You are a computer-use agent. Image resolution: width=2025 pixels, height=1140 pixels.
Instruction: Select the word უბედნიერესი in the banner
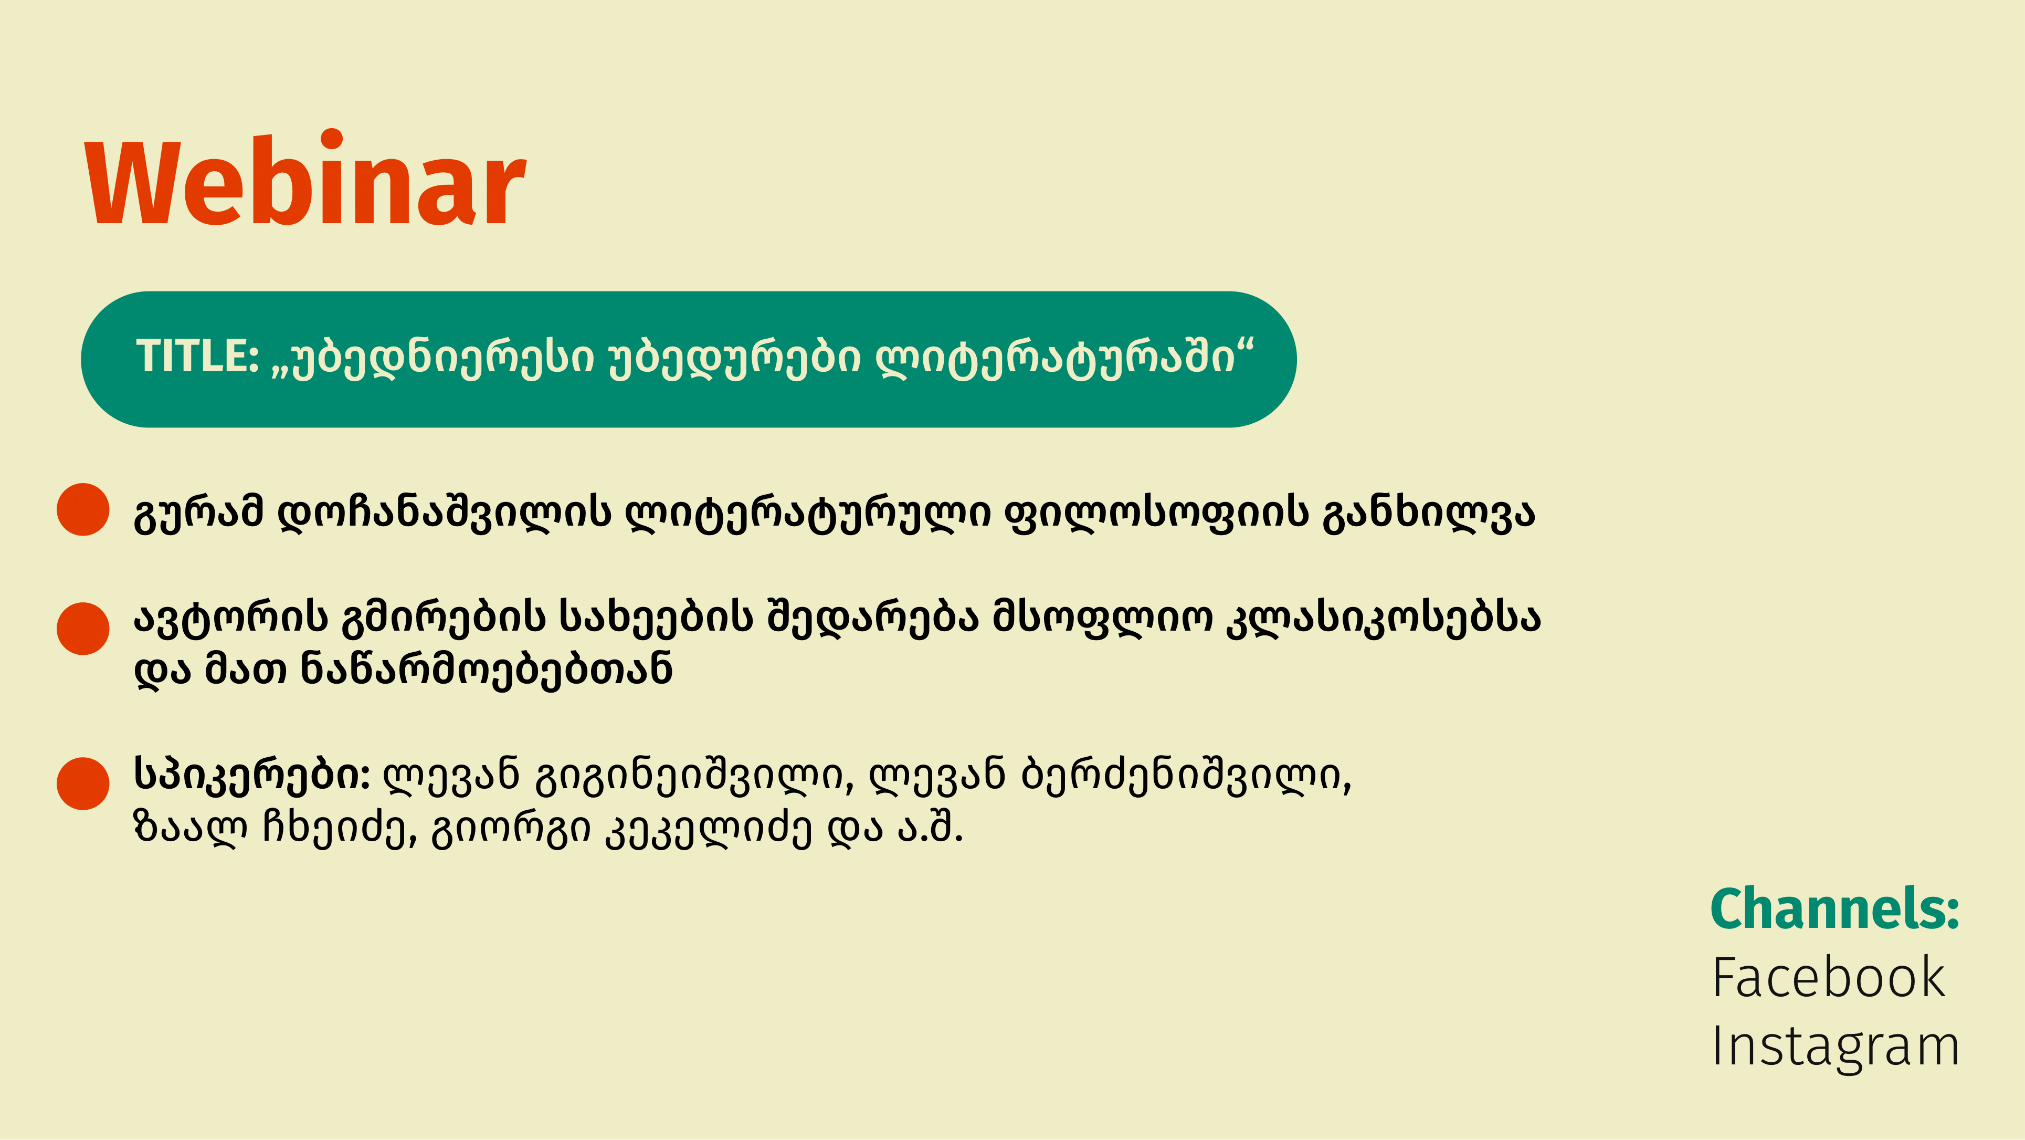433,359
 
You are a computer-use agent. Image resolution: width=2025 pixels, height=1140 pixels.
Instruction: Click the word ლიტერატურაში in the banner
1065,359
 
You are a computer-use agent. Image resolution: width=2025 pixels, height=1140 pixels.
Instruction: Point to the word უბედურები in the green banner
735,359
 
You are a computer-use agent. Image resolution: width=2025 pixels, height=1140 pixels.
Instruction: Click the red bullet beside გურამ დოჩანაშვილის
82,509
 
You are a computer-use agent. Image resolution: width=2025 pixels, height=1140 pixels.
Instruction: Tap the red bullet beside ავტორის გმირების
82,629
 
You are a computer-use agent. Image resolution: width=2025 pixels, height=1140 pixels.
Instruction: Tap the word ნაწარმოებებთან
488,671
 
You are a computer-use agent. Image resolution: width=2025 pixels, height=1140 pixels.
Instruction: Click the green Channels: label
1835,909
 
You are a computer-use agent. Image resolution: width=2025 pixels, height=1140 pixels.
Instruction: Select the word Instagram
1835,1047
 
